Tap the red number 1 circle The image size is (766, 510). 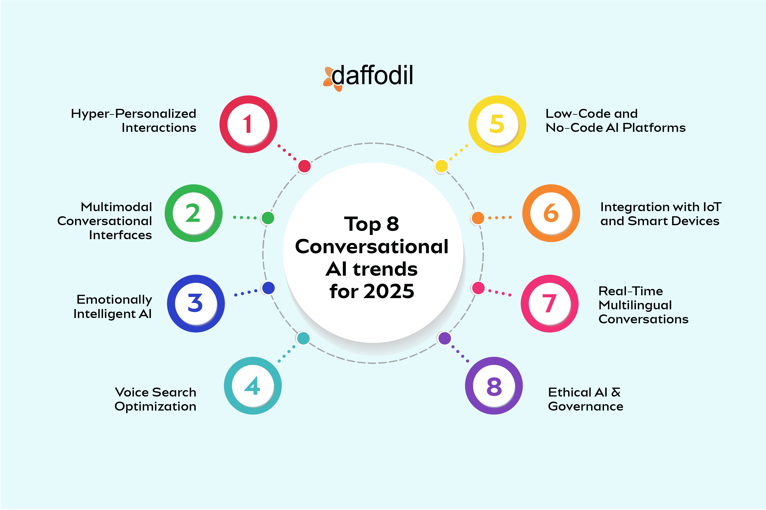pyautogui.click(x=248, y=124)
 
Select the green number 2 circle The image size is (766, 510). pyautogui.click(x=194, y=213)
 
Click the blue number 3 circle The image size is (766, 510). pyautogui.click(x=196, y=303)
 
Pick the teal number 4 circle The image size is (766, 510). pyautogui.click(x=253, y=386)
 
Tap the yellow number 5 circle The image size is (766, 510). pyautogui.click(x=497, y=124)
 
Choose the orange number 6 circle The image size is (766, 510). pyautogui.click(x=551, y=213)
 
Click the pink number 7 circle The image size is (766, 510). pyautogui.click(x=550, y=303)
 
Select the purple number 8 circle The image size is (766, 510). pyautogui.click(x=494, y=386)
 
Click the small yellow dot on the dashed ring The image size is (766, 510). pyautogui.click(x=441, y=166)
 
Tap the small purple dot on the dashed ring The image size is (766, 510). pyautogui.click(x=445, y=338)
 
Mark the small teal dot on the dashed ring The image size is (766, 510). pyautogui.click(x=303, y=338)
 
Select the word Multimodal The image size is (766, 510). pyautogui.click(x=116, y=207)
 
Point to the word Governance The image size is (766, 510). pyautogui.click(x=585, y=406)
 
